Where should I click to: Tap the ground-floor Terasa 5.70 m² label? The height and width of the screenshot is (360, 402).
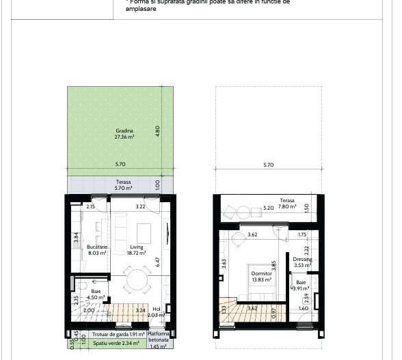pos(122,185)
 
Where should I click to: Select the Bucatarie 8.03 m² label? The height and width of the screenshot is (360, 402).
pos(98,250)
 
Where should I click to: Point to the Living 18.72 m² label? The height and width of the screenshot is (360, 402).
pos(136,250)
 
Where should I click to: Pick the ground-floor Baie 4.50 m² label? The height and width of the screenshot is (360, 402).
pos(96,294)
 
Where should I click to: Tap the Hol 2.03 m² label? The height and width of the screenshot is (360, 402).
pos(157,312)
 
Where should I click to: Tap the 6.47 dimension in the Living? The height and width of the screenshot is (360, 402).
pos(158,262)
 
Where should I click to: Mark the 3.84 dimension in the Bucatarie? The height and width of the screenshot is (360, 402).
pos(77,238)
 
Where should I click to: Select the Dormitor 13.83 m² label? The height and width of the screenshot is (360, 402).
pos(261,276)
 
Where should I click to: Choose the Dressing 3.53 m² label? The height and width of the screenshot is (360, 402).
pos(302,262)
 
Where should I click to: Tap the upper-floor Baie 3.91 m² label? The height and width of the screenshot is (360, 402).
pos(301,285)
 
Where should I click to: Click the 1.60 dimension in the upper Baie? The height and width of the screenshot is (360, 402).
pos(303,309)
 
